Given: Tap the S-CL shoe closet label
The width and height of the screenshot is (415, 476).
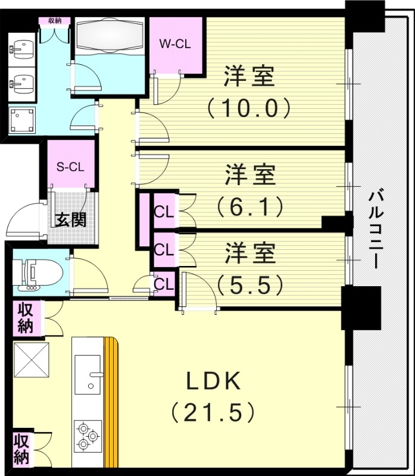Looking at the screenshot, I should click(70, 166).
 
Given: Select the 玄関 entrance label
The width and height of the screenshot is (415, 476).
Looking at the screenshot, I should click(71, 220).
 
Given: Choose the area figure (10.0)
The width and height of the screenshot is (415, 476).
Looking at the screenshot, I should click(249, 108).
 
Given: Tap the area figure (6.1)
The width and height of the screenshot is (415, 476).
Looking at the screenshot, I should click(249, 206).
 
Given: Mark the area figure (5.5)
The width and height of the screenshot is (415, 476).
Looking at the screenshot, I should click(249, 285).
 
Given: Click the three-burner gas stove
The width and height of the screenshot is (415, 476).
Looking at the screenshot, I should click(86, 437).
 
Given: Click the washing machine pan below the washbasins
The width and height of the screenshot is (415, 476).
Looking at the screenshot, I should click(23, 121).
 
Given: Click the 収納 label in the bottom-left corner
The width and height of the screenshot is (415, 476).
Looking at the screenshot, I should click(22, 449).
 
